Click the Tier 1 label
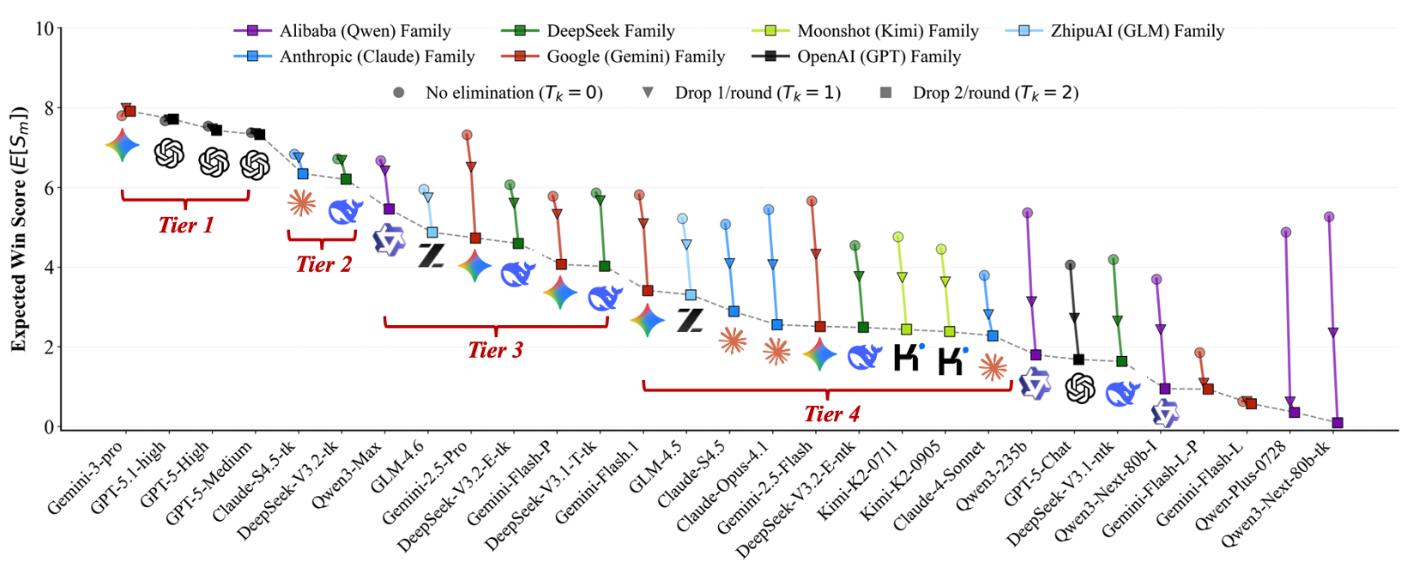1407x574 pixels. click(185, 226)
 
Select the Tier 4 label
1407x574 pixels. click(831, 414)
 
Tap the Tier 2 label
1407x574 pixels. click(323, 264)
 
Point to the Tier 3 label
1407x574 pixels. click(495, 350)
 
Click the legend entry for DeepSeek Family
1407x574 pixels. click(610, 32)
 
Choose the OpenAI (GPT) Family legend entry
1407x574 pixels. click(879, 57)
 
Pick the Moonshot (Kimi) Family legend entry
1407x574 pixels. click(887, 32)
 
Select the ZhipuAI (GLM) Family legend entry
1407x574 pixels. click(1137, 32)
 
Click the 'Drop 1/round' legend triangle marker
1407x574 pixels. click(648, 93)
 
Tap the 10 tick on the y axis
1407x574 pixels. click(44, 29)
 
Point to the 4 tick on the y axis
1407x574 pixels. click(48, 268)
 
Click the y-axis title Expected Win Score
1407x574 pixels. click(19, 229)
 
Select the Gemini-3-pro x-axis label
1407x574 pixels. click(86, 477)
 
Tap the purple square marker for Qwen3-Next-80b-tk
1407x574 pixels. click(1338, 423)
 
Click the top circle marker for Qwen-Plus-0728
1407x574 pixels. click(1286, 233)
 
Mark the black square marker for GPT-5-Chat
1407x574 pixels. click(1078, 360)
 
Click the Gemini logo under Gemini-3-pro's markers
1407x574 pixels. click(123, 146)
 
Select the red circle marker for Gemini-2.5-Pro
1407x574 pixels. click(467, 135)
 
